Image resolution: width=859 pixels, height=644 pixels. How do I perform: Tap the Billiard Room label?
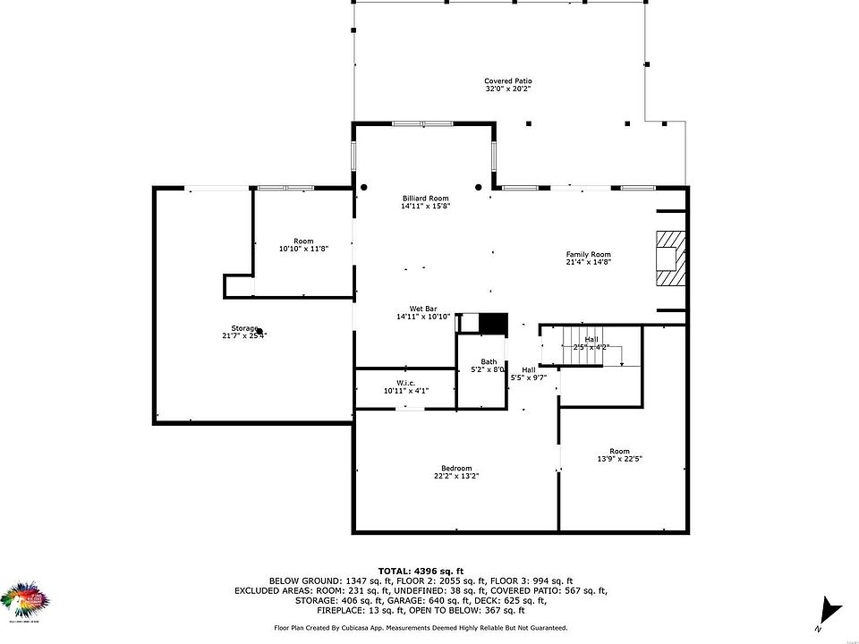pyautogui.click(x=425, y=198)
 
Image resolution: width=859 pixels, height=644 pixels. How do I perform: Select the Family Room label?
pyautogui.click(x=588, y=255)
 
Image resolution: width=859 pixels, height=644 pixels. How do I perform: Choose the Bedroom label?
pyautogui.click(x=455, y=468)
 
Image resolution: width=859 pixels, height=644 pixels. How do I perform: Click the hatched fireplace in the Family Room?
pyautogui.click(x=669, y=258)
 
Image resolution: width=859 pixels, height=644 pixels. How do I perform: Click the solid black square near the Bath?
pyautogui.click(x=494, y=323)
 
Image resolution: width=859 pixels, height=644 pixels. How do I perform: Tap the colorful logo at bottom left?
pyautogui.click(x=26, y=601)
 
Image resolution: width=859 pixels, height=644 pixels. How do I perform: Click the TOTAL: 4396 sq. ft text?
pyautogui.click(x=421, y=570)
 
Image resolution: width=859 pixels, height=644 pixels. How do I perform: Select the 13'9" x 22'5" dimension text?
pyautogui.click(x=619, y=459)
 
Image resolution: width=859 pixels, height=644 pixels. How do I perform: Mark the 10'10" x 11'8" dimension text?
pyautogui.click(x=303, y=248)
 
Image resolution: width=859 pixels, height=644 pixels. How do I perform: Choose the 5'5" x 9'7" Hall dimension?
pyautogui.click(x=529, y=377)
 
